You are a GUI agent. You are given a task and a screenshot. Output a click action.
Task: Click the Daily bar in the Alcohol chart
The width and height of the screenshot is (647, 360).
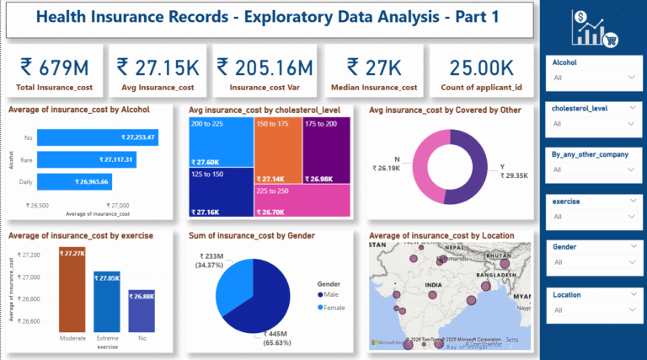click(73, 181)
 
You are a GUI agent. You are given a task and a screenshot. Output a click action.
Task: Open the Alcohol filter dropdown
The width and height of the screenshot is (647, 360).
click(591, 77)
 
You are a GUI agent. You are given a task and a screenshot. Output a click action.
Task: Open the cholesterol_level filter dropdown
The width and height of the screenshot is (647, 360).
click(591, 124)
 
